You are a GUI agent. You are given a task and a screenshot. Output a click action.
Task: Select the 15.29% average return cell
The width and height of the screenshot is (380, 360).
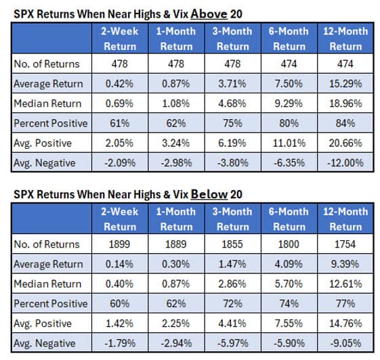(345, 83)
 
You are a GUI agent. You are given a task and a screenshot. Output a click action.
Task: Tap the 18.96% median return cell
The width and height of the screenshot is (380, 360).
(345, 104)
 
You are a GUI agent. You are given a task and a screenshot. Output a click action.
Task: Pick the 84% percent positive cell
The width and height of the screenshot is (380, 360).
(345, 123)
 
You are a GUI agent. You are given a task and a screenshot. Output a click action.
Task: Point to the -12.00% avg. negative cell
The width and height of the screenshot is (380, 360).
(345, 162)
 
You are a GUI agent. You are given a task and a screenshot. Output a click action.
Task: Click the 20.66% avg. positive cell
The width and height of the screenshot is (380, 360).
(345, 143)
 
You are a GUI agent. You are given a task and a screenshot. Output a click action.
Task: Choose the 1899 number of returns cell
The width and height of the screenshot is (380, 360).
(120, 244)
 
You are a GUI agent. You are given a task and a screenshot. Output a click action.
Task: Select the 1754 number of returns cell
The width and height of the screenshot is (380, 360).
(345, 244)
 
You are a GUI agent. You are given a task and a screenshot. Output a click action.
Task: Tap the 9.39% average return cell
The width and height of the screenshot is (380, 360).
(345, 264)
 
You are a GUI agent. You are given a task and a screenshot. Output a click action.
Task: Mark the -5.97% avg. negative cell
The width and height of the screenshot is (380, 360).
(232, 342)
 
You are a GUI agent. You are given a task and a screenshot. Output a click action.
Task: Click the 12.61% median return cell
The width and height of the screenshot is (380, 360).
(345, 284)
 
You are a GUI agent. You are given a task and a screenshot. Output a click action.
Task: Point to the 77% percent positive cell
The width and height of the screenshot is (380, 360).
(345, 303)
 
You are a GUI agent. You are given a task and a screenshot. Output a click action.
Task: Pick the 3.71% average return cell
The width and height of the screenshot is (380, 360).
(232, 83)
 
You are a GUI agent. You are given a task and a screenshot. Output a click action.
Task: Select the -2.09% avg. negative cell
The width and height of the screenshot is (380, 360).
(120, 162)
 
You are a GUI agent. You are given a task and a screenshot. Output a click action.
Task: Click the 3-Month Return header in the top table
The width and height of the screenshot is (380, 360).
(232, 39)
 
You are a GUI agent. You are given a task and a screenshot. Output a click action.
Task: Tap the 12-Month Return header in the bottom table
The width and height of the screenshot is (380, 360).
(345, 219)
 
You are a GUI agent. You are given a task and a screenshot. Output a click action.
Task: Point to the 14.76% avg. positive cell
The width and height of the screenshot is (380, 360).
(345, 323)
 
